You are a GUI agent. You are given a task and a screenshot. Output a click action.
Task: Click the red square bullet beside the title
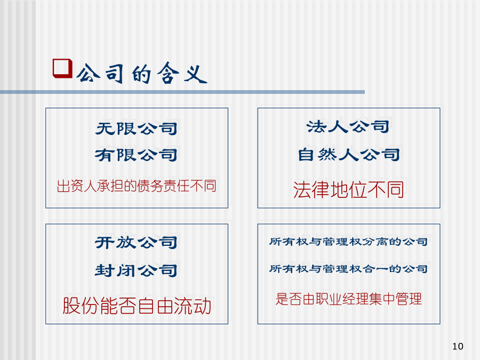coord(62,68)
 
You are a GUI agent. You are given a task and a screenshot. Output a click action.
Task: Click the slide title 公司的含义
coord(142,73)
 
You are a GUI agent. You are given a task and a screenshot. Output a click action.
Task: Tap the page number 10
coord(458,346)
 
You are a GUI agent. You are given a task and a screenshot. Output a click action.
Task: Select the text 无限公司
coord(137,129)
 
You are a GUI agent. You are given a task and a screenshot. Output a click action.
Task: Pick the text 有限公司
coord(137,155)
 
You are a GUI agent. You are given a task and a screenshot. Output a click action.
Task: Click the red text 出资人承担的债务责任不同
coord(137,186)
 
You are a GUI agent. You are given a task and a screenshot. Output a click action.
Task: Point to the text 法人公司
coord(348,126)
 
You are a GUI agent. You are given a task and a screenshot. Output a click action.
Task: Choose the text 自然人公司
coord(349,154)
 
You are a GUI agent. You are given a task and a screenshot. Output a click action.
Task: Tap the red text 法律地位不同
coord(348,189)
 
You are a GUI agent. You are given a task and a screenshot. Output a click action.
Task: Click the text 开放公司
coord(136,243)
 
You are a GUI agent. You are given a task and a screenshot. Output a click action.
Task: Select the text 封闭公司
coord(136,270)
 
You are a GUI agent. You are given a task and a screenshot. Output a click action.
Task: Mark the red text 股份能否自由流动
coord(137,306)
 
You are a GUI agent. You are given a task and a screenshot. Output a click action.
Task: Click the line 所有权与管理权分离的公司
coord(348,242)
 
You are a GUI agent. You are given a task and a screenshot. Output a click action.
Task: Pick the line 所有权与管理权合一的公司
coord(348,269)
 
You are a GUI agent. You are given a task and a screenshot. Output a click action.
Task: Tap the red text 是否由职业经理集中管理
coord(349,299)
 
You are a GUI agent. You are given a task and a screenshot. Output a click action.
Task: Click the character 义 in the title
coord(196,74)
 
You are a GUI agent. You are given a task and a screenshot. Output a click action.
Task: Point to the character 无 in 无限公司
coord(105,129)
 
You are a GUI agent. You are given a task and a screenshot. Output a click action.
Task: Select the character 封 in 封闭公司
coord(105,270)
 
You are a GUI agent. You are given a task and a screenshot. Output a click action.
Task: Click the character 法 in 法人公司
coord(316,126)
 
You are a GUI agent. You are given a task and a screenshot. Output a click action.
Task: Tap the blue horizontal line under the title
coord(182,92)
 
